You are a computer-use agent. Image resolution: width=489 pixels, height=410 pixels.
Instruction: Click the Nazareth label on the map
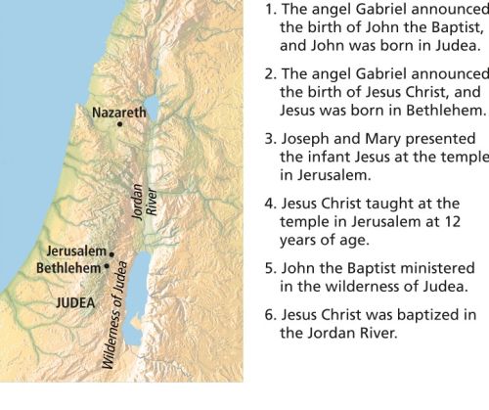pyautogui.click(x=118, y=112)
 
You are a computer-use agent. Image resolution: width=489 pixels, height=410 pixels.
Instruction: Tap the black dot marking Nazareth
pyautogui.click(x=119, y=124)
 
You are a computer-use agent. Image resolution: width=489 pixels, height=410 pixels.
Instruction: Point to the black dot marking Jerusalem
pyautogui.click(x=112, y=253)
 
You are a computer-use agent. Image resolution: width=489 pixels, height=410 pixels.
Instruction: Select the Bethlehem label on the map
pyautogui.click(x=68, y=266)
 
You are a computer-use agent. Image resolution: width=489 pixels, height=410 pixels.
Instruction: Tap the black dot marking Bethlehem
pyautogui.click(x=107, y=266)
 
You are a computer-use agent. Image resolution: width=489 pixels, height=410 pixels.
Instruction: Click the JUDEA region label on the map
pyautogui.click(x=75, y=302)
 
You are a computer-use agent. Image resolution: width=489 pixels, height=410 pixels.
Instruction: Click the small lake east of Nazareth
pyautogui.click(x=153, y=106)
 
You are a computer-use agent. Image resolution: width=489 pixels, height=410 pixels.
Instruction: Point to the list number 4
pyautogui.click(x=269, y=204)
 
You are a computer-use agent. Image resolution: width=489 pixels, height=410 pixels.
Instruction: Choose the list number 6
pyautogui.click(x=269, y=315)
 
